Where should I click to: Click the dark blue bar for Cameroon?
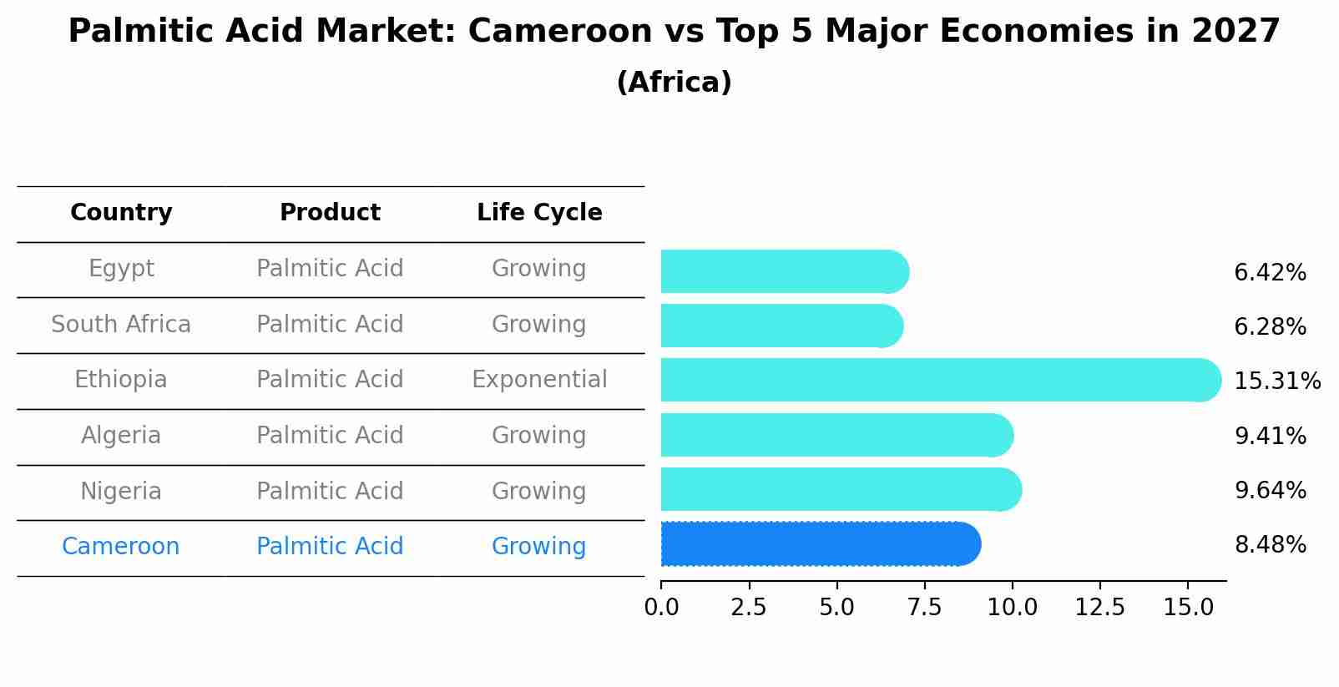tap(820, 544)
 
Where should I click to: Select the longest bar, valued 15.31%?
tap(940, 381)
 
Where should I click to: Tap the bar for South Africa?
tap(781, 326)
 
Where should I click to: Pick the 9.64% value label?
tap(1270, 490)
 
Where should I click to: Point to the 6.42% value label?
tap(1270, 273)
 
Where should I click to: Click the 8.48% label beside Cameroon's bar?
tap(1270, 545)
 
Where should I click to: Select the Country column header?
tap(121, 213)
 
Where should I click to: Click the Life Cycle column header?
tap(539, 213)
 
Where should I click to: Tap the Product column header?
tap(330, 213)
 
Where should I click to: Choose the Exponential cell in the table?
tap(539, 380)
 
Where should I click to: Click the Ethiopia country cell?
tap(121, 380)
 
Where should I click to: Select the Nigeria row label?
tap(121, 491)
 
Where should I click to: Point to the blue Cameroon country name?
tap(121, 547)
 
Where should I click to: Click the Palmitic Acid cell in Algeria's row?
tap(330, 436)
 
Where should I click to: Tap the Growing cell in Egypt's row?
tap(539, 269)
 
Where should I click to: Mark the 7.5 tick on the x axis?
tap(925, 607)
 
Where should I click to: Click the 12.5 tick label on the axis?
tap(1100, 607)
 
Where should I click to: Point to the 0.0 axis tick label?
tap(661, 607)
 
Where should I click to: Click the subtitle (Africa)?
tap(674, 83)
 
